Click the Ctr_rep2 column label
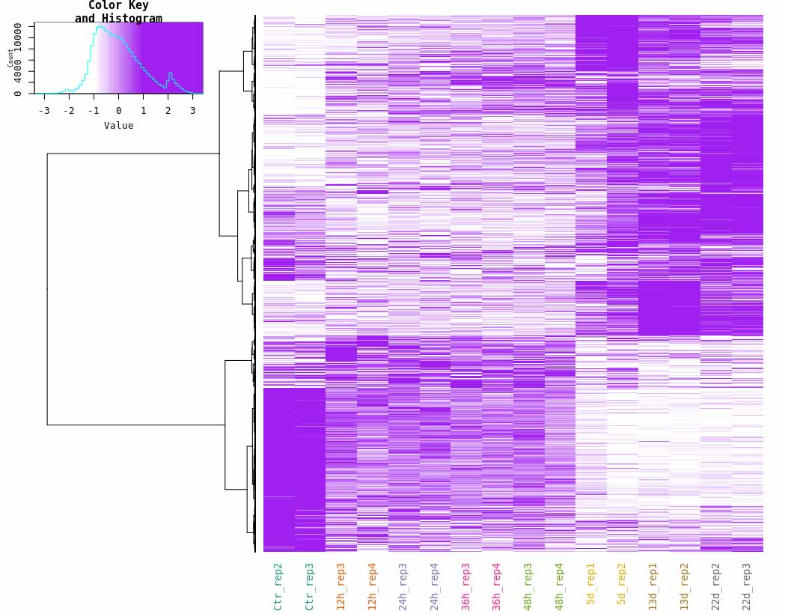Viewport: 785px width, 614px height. pos(278,586)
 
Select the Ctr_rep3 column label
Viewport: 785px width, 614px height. pos(310,586)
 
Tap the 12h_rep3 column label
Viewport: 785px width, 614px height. pos(341,586)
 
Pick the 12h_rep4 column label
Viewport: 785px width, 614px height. pos(373,586)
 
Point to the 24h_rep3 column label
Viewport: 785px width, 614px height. pos(403,586)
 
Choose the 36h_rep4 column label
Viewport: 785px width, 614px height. pos(498,586)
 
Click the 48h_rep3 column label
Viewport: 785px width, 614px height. pos(528,586)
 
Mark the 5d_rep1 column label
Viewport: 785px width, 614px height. pos(591,583)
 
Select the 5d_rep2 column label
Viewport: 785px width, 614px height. pos(623,583)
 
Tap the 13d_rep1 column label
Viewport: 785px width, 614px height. pos(653,586)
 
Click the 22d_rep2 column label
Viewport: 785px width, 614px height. pos(716,586)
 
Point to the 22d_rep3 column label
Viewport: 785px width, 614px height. pos(748,586)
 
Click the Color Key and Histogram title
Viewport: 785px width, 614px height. pos(118,12)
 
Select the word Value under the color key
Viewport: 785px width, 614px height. pos(118,126)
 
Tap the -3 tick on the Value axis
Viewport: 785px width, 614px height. pos(44,111)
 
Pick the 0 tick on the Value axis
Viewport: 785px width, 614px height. pos(118,111)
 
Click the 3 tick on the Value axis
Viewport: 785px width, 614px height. pos(192,111)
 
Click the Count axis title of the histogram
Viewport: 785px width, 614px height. pos(10,58)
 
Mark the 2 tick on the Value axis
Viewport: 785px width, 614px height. pos(168,111)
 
